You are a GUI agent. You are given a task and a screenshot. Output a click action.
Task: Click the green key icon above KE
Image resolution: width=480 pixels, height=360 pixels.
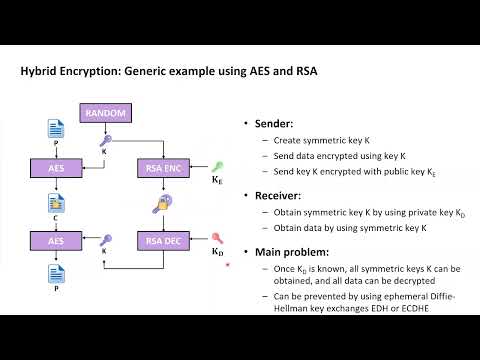[217, 166]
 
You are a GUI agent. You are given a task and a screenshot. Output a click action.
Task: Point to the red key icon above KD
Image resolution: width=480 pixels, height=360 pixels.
[217, 239]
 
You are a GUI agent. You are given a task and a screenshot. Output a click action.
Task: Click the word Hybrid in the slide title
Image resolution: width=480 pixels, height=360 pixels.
[44, 72]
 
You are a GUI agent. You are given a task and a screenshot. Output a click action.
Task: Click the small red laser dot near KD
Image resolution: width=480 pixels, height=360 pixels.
[229, 265]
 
